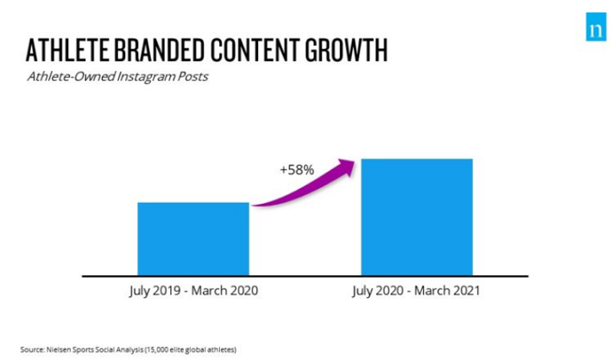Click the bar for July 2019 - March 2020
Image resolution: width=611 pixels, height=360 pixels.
(x=193, y=239)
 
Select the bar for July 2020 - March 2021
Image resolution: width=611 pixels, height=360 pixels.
(x=417, y=217)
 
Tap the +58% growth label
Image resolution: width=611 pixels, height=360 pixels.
(x=296, y=170)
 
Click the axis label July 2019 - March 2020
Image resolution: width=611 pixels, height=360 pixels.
(x=193, y=292)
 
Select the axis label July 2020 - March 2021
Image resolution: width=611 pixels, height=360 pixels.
(x=417, y=292)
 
